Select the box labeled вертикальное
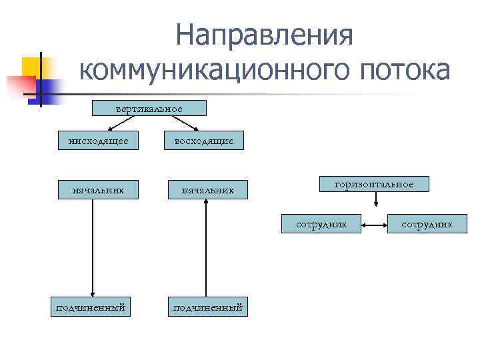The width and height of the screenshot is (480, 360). click(149, 108)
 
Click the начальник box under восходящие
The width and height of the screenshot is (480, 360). click(207, 191)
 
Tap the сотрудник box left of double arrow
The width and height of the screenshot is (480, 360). click(322, 224)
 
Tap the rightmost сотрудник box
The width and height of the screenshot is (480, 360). click(427, 224)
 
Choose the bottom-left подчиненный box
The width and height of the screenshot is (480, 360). click(91, 307)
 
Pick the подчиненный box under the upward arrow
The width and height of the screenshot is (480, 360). click(207, 307)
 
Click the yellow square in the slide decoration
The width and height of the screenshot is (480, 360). click(32, 67)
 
